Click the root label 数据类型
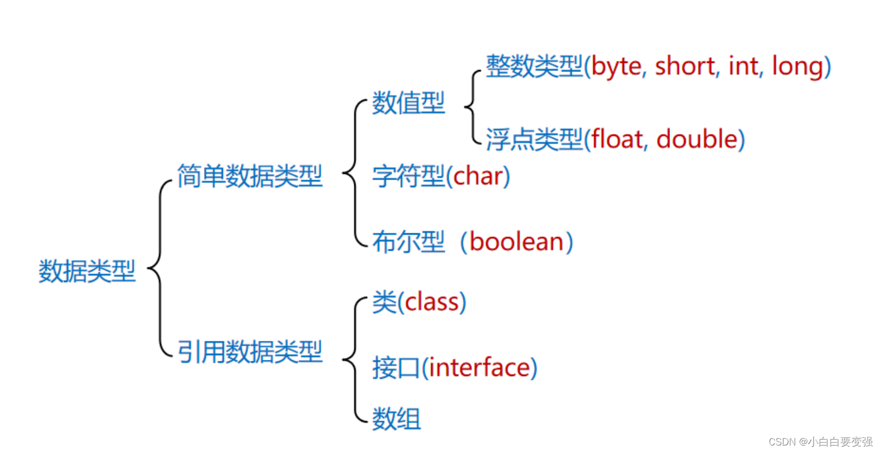click(x=87, y=271)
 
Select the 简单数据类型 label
click(x=250, y=176)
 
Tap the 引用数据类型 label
click(x=250, y=351)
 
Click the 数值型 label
click(x=408, y=103)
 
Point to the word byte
click(x=617, y=66)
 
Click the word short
click(x=685, y=65)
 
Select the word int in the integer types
click(x=743, y=65)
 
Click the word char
click(x=477, y=176)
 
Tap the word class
click(x=431, y=302)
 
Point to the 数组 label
click(x=396, y=418)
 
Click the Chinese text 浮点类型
click(x=534, y=139)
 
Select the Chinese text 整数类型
click(x=534, y=66)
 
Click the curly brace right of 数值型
click(x=472, y=106)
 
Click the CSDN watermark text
click(x=820, y=442)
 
